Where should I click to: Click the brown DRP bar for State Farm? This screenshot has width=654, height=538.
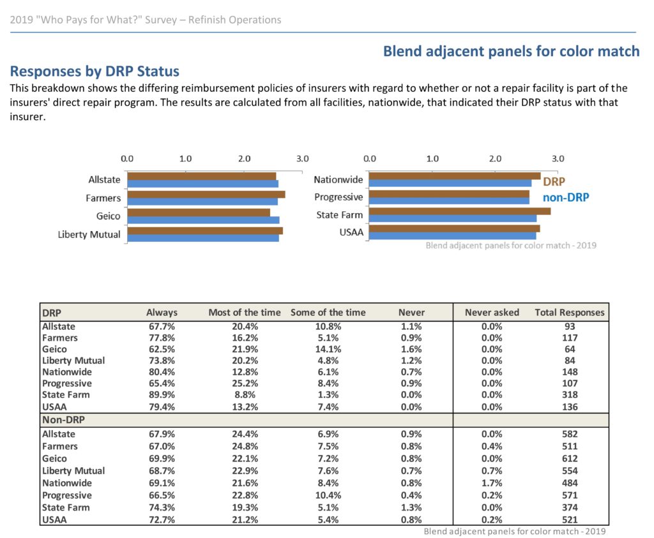coord(460,211)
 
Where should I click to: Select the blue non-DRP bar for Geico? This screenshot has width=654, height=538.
coord(204,220)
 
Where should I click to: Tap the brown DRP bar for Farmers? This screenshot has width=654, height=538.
coord(206,195)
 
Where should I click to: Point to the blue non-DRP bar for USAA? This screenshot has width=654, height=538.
coord(453,236)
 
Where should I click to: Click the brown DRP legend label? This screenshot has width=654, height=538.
coord(554,182)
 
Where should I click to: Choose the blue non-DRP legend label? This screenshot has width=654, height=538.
coord(566,198)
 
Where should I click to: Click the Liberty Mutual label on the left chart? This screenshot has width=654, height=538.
coord(89,235)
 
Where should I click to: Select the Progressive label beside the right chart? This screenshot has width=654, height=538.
coord(338,197)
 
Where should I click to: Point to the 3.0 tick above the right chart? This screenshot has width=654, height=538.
coord(558,159)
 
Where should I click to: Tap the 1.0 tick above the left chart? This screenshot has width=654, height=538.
coord(186,159)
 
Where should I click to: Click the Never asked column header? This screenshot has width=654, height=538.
coord(492,313)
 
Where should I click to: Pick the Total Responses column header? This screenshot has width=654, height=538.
coord(570,313)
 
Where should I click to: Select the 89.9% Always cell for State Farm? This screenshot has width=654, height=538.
coord(162,394)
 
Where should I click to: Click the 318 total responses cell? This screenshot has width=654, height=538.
coord(570,394)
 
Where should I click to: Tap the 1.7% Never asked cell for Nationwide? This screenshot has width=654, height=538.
coord(492,483)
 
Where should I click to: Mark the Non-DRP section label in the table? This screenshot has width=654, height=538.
coord(63,420)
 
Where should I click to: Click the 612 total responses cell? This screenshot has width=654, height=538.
coord(570,458)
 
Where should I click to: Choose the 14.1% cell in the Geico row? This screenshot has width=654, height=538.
coord(328,349)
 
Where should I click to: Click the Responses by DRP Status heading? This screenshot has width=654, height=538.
coord(95,71)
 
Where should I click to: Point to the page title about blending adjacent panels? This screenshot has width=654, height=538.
coord(512,51)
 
